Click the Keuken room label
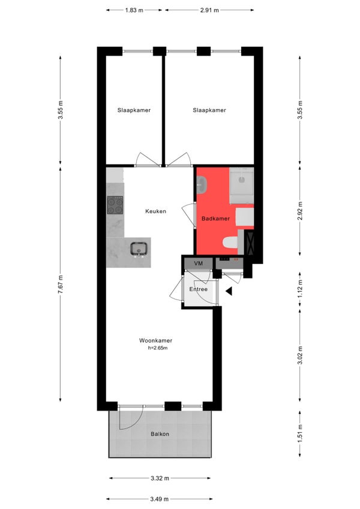click(x=155, y=211)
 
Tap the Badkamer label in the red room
click(x=215, y=218)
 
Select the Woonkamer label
click(x=155, y=340)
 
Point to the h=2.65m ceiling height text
click(x=158, y=348)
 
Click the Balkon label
click(x=160, y=434)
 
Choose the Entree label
click(x=199, y=289)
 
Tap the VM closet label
click(x=199, y=264)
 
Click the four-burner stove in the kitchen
click(x=115, y=205)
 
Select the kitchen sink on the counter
click(x=140, y=250)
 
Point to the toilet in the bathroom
click(x=230, y=242)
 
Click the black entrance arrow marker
click(x=229, y=291)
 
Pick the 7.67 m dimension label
click(x=61, y=285)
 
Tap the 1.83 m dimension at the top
click(x=134, y=10)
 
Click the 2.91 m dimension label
click(x=209, y=10)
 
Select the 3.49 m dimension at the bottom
click(x=160, y=499)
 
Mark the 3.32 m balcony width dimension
click(x=160, y=478)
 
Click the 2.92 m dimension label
click(x=299, y=211)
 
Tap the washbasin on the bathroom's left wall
click(x=202, y=185)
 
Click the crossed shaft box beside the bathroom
click(x=250, y=242)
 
